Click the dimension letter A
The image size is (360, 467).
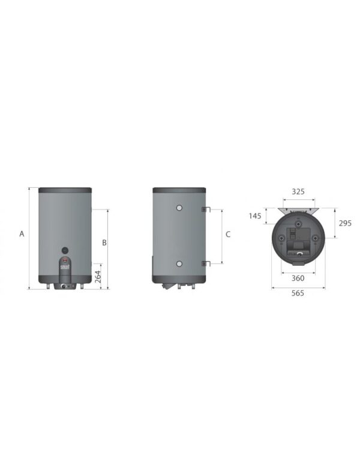(x=22, y=234)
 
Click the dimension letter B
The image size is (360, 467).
(x=104, y=243)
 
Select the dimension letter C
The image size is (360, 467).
(x=228, y=235)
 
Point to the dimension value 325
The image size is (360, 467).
(x=298, y=191)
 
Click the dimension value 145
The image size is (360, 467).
(x=255, y=215)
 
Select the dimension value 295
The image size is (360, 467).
(x=344, y=223)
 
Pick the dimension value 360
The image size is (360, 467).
(x=298, y=278)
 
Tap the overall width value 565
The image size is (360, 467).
(x=298, y=293)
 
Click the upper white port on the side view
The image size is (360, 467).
(x=179, y=208)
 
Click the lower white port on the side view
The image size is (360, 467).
(x=179, y=264)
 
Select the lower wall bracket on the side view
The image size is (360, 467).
(x=205, y=262)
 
